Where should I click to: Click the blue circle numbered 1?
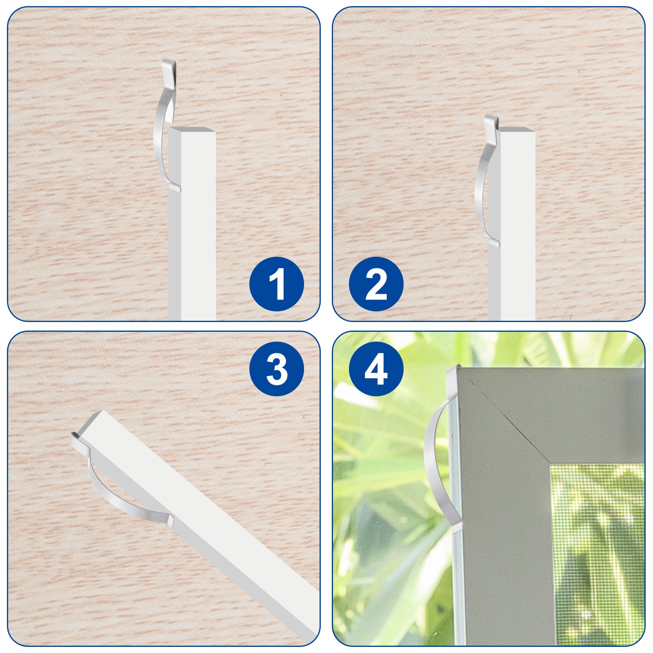pyautogui.click(x=277, y=284)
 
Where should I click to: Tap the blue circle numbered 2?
pyautogui.click(x=376, y=284)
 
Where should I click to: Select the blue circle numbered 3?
pyautogui.click(x=277, y=369)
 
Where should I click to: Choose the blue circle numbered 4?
pyautogui.click(x=376, y=369)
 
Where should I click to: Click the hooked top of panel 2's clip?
pyautogui.click(x=492, y=121)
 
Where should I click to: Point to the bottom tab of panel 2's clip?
pyautogui.click(x=494, y=243)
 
